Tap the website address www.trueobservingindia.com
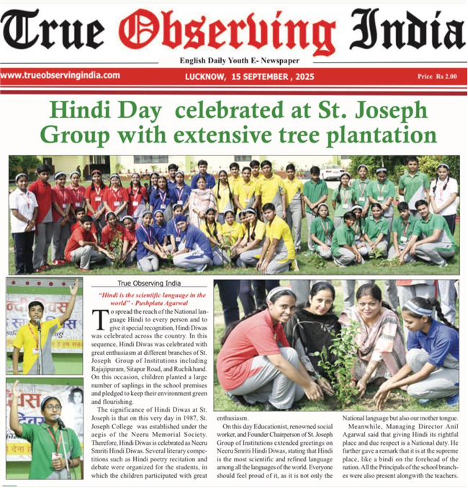click(60, 75)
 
